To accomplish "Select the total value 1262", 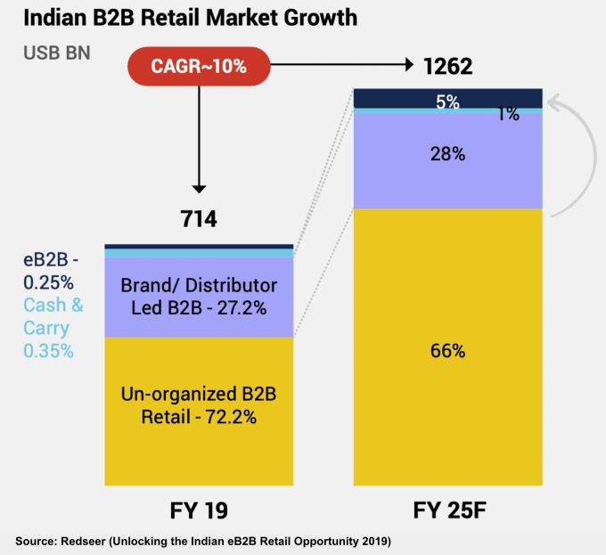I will [x=447, y=65].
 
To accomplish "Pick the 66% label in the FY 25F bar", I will [x=447, y=350].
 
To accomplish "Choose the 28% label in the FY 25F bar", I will [x=447, y=154].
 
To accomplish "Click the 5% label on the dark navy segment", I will [x=447, y=102].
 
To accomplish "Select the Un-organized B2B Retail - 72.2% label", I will [x=199, y=404].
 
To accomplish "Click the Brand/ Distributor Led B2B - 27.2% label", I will [x=199, y=297].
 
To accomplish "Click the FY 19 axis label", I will [x=199, y=510].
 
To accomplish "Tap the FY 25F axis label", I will [x=447, y=510].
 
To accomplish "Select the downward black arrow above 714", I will [x=199, y=143].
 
